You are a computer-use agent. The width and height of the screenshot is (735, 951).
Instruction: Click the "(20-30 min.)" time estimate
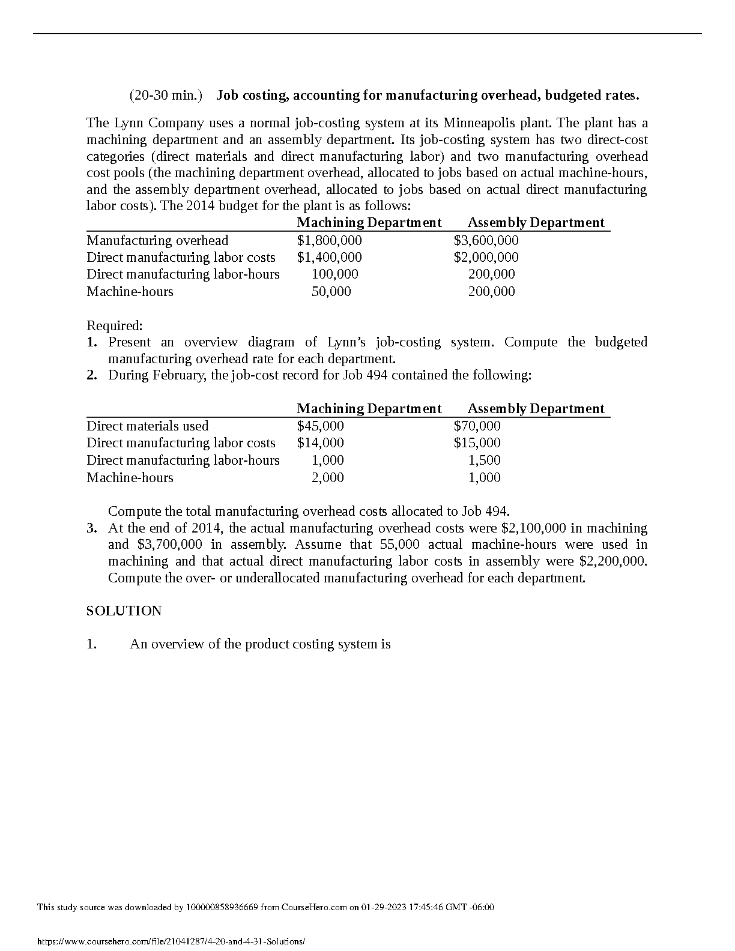(166, 95)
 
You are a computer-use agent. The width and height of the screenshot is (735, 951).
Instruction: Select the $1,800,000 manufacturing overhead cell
(329, 240)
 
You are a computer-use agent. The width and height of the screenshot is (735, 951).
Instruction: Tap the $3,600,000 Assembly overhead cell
(486, 240)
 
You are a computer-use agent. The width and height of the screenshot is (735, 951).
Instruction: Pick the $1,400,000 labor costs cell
(329, 257)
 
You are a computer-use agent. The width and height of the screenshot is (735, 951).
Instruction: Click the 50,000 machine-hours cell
(331, 291)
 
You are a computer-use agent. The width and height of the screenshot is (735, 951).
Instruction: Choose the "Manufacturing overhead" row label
(157, 240)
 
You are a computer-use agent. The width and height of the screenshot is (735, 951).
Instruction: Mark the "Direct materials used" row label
(148, 426)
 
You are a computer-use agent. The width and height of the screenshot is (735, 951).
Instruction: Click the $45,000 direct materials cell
(320, 426)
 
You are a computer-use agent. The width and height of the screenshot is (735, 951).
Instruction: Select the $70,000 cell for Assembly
(477, 426)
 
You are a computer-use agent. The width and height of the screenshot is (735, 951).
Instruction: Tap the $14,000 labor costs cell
(320, 442)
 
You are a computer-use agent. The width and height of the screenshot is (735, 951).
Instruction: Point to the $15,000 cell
(477, 442)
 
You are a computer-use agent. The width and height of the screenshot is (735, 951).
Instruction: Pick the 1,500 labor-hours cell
(484, 460)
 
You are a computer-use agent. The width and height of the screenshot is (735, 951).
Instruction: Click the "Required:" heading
(115, 325)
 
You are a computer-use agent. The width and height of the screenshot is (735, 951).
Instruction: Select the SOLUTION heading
(124, 611)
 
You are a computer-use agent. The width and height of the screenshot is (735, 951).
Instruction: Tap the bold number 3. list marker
(91, 528)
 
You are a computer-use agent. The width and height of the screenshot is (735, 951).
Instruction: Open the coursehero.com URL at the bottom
(171, 942)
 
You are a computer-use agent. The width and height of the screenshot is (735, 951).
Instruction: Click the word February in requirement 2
(180, 375)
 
